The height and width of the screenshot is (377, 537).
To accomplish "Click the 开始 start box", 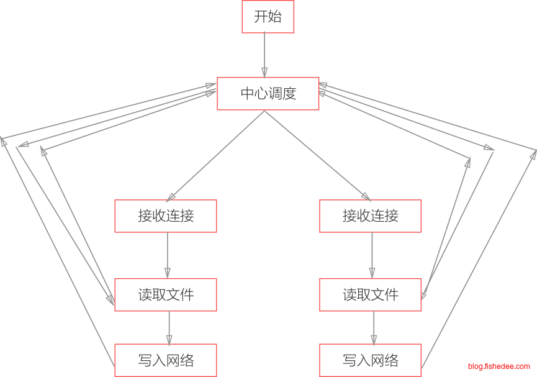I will point(268,17).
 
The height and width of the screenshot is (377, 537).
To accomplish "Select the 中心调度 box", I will point(268,93).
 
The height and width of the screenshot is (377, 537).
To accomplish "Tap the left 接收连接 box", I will point(166,216).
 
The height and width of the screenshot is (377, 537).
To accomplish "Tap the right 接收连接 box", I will point(371,216).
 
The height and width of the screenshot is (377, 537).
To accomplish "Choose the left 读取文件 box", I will point(166,294).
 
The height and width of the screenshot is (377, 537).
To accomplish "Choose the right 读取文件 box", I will point(371,294).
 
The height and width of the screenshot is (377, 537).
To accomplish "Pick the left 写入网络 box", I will point(166,360).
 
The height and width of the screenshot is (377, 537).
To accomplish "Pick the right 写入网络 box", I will point(371,360).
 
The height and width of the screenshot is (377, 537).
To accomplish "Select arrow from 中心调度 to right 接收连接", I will point(317,155).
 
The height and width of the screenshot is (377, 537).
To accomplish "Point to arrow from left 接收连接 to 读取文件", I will point(167,255).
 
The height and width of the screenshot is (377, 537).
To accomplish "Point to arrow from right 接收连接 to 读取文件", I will point(372,255).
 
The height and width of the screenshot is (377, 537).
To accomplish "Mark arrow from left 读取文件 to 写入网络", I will point(169,327).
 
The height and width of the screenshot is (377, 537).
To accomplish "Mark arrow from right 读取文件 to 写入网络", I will point(374,327).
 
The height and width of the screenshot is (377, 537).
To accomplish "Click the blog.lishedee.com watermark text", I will point(499,366).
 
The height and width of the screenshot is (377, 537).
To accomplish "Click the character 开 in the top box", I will point(261,17).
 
